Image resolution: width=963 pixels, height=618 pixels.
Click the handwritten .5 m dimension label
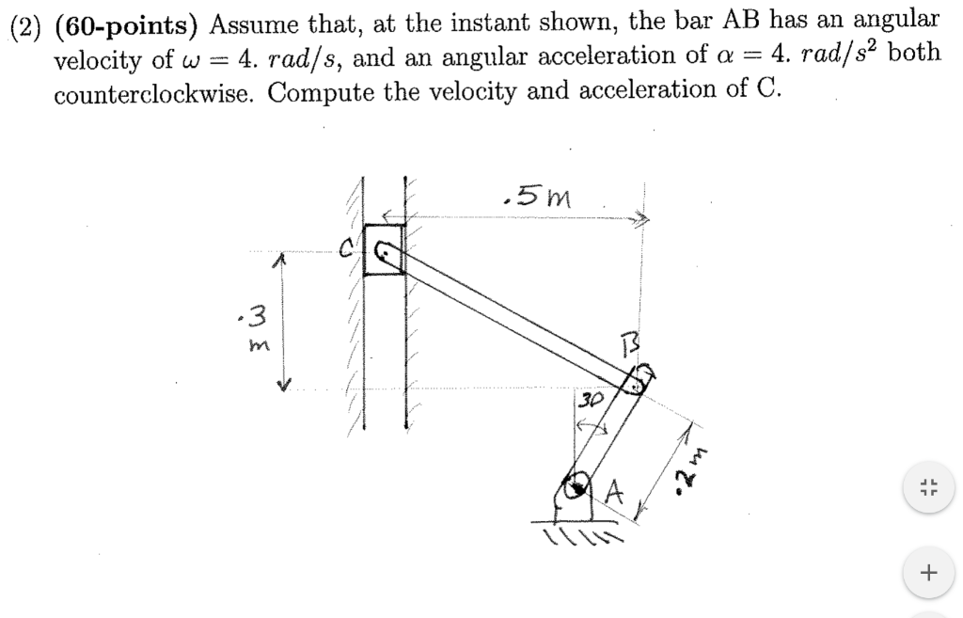pos(537,196)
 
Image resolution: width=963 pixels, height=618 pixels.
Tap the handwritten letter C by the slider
pos(347,250)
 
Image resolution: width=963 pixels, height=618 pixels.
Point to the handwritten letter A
pos(616,490)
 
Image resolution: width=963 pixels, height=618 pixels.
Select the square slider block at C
pos(384,249)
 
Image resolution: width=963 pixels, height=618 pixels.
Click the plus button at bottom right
pos(930,571)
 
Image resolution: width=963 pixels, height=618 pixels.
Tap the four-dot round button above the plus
pos(930,488)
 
